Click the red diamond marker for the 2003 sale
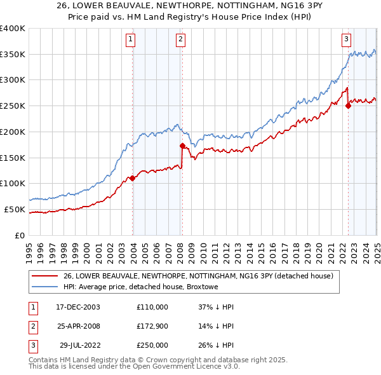click(x=133, y=179)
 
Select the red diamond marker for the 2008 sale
click(x=182, y=146)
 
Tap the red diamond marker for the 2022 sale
click(x=348, y=106)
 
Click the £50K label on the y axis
click(x=14, y=209)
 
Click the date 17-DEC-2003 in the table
click(x=78, y=306)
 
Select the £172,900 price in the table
click(x=152, y=326)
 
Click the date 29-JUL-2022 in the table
click(x=79, y=345)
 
